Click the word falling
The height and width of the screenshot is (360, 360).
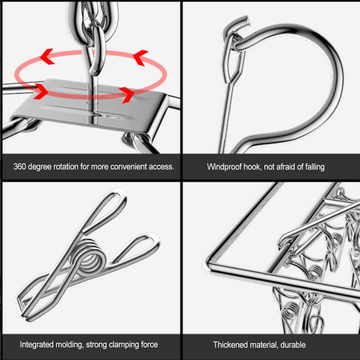click(315, 167)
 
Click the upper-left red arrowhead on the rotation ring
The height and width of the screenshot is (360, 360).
click(47, 56)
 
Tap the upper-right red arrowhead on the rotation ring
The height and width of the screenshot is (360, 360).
click(140, 58)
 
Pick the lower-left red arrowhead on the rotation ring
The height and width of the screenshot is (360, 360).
click(41, 91)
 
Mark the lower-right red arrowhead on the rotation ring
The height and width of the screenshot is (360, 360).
click(127, 95)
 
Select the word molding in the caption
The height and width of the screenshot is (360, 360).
click(70, 344)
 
